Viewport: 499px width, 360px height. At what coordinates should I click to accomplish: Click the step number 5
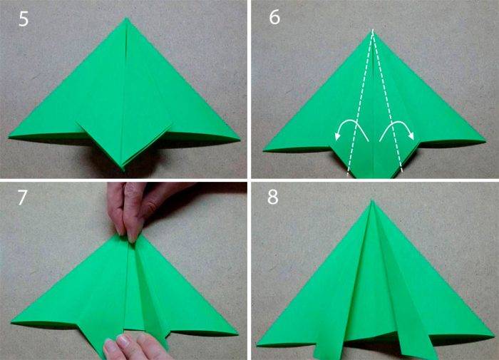[24, 19]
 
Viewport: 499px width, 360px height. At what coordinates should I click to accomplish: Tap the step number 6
[274, 17]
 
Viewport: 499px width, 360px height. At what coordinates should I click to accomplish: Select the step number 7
[23, 197]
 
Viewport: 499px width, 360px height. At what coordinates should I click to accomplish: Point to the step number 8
[273, 197]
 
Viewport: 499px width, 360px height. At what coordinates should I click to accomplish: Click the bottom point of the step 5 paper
[123, 170]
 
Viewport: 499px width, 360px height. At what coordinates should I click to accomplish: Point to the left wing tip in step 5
[9, 137]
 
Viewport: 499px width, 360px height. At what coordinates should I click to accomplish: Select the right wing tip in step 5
[239, 139]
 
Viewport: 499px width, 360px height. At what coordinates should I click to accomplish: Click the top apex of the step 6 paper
[372, 30]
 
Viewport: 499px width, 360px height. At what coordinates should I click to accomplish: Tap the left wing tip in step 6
[264, 150]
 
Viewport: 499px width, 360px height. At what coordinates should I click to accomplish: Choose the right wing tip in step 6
[485, 141]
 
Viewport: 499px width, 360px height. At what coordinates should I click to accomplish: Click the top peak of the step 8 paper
[372, 200]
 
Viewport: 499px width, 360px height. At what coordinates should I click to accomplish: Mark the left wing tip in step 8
[257, 344]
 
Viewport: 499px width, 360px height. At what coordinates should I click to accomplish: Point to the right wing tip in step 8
[494, 336]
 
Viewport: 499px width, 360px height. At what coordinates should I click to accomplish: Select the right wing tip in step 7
[237, 334]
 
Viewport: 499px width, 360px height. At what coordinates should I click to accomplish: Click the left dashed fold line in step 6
[359, 103]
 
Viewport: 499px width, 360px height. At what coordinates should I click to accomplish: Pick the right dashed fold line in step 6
[387, 102]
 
